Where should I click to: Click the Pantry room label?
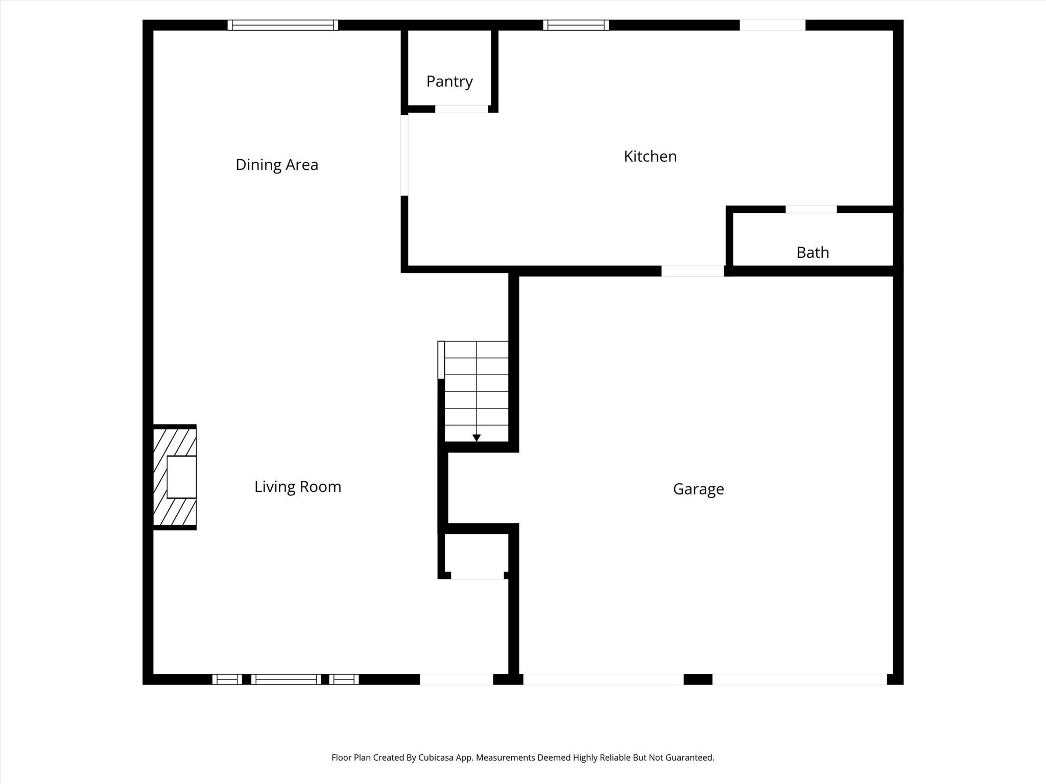(x=449, y=82)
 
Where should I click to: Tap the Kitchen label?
(x=650, y=156)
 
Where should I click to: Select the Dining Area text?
(x=277, y=165)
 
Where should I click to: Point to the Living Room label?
(x=298, y=487)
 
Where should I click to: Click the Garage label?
(x=698, y=489)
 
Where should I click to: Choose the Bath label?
(x=813, y=252)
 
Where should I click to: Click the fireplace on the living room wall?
(x=175, y=477)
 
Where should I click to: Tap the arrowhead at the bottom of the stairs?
(x=477, y=438)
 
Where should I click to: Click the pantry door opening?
(x=462, y=109)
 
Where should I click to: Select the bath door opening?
(x=811, y=209)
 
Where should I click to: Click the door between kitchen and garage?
(x=693, y=271)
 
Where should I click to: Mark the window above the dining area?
(x=283, y=25)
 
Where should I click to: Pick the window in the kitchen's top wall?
(x=576, y=25)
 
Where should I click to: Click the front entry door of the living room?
(x=457, y=679)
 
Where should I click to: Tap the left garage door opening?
(x=604, y=679)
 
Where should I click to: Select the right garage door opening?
(x=800, y=679)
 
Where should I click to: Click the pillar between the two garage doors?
(x=698, y=679)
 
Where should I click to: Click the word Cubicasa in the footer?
(x=437, y=757)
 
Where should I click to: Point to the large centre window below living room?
(x=287, y=679)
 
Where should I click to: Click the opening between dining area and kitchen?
(x=405, y=155)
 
